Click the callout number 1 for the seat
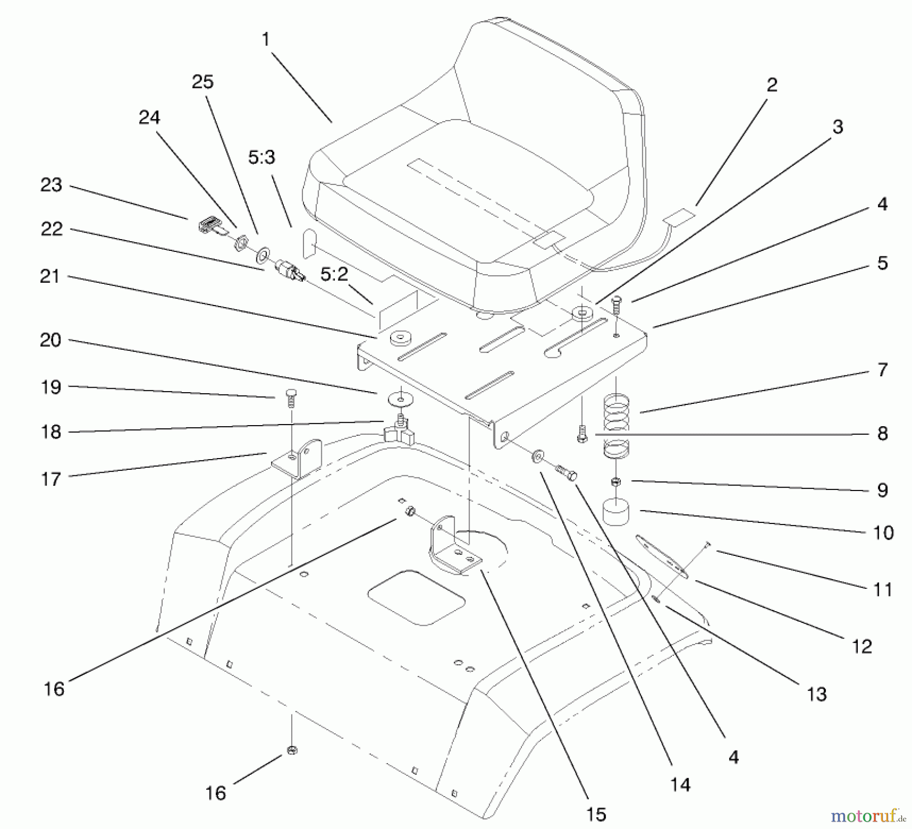tap(265, 40)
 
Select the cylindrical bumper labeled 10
tap(615, 512)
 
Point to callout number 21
tap(50, 277)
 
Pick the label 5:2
tap(334, 274)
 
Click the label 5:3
tap(261, 157)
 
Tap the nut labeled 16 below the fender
tap(291, 750)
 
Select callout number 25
tap(203, 82)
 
